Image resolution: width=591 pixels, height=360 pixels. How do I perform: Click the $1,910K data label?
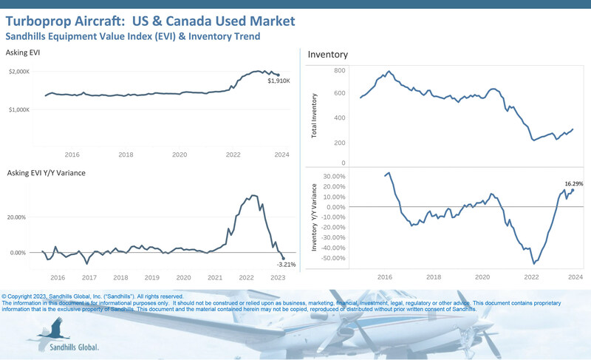coord(279,81)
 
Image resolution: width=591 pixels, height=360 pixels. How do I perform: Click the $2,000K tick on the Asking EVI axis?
coord(18,71)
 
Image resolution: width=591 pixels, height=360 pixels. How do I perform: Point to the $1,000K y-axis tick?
coord(18,109)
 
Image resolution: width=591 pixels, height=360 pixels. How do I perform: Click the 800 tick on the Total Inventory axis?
coord(340,70)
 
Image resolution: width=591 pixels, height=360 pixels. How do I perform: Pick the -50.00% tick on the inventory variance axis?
coord(334,258)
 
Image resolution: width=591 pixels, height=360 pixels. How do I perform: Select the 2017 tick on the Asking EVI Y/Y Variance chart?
coord(89,278)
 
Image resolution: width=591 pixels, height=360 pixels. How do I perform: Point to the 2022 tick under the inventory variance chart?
coord(532,276)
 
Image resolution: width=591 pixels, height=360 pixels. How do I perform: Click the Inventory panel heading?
coord(328,55)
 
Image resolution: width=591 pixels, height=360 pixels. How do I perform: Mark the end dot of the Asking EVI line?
coord(278,75)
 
